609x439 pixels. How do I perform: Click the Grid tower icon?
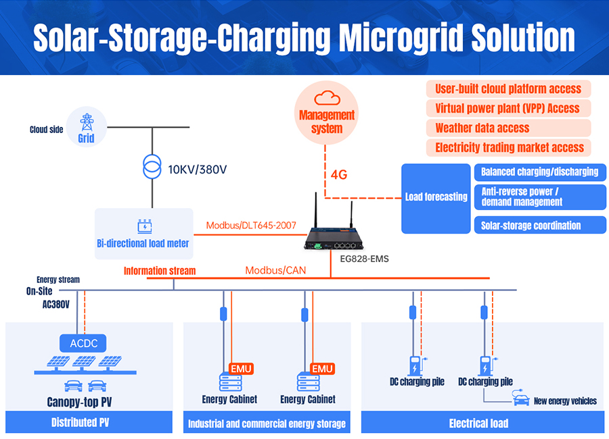(x=86, y=122)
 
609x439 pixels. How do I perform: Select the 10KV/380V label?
(x=197, y=169)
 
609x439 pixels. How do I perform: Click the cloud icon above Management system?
(x=327, y=97)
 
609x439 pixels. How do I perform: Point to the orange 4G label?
(x=339, y=175)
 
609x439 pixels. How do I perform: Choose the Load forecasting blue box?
(x=436, y=197)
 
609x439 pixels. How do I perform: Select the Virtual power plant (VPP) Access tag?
(x=508, y=108)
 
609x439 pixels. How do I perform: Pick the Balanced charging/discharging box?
(x=540, y=172)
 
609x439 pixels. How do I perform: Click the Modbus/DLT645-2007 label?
(x=251, y=225)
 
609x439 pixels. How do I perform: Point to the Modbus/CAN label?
(x=275, y=270)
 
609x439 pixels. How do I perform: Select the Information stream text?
(x=160, y=271)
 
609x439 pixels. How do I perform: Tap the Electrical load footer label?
(x=478, y=423)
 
